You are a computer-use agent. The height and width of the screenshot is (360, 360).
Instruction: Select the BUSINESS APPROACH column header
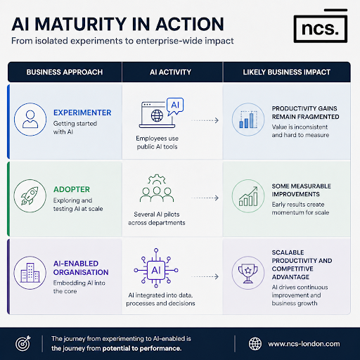click(x=65, y=72)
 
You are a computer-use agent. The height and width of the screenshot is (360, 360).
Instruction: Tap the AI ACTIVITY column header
click(x=170, y=72)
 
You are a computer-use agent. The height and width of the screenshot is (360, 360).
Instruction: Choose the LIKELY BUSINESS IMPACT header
click(x=287, y=72)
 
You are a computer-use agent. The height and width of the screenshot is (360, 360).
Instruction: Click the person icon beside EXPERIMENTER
click(x=30, y=120)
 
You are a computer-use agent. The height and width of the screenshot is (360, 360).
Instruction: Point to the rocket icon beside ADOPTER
click(x=30, y=195)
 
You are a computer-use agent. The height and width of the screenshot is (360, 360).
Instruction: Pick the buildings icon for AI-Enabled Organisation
click(x=30, y=273)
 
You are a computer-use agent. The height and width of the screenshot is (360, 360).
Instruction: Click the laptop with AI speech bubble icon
click(x=161, y=113)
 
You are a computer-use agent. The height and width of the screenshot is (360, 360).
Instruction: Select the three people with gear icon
click(x=157, y=188)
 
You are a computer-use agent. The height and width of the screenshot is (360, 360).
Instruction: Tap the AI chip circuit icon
click(x=156, y=268)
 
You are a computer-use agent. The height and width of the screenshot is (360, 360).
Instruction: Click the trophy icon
click(x=248, y=273)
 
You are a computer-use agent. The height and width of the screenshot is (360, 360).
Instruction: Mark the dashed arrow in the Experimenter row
click(x=205, y=120)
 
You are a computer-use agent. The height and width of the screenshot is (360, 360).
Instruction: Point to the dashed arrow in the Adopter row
click(x=205, y=198)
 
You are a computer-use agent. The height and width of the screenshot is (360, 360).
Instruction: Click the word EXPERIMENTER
click(x=82, y=112)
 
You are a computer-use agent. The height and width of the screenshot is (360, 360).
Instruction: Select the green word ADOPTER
click(x=72, y=189)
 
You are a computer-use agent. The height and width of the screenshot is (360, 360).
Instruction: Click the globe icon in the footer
click(x=255, y=344)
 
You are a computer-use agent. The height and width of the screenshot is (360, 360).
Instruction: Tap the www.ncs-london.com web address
click(x=304, y=344)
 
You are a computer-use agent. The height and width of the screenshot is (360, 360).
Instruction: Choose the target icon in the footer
click(x=23, y=343)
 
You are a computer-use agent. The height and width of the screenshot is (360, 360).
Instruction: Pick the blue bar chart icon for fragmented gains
click(x=248, y=120)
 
